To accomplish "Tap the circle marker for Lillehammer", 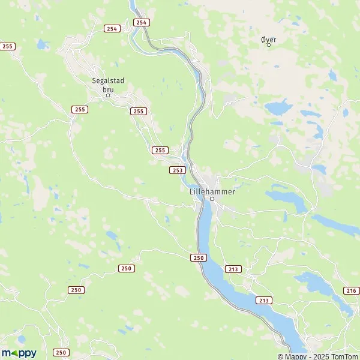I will pos(212,198).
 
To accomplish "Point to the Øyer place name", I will pos(269,39).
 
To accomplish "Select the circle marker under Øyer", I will pos(269,45).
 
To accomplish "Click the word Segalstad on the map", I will pos(108,80).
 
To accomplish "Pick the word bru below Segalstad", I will pos(108,89).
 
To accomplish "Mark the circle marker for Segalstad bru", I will pos(109,95).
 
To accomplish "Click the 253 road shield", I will pos(177,170).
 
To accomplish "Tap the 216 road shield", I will pos(351,290).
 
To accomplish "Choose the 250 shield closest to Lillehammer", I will pos(199,257).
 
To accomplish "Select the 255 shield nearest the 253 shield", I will pos(159,149).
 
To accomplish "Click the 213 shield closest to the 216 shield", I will pos(263,299).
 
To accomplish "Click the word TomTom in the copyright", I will pos(344,356).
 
